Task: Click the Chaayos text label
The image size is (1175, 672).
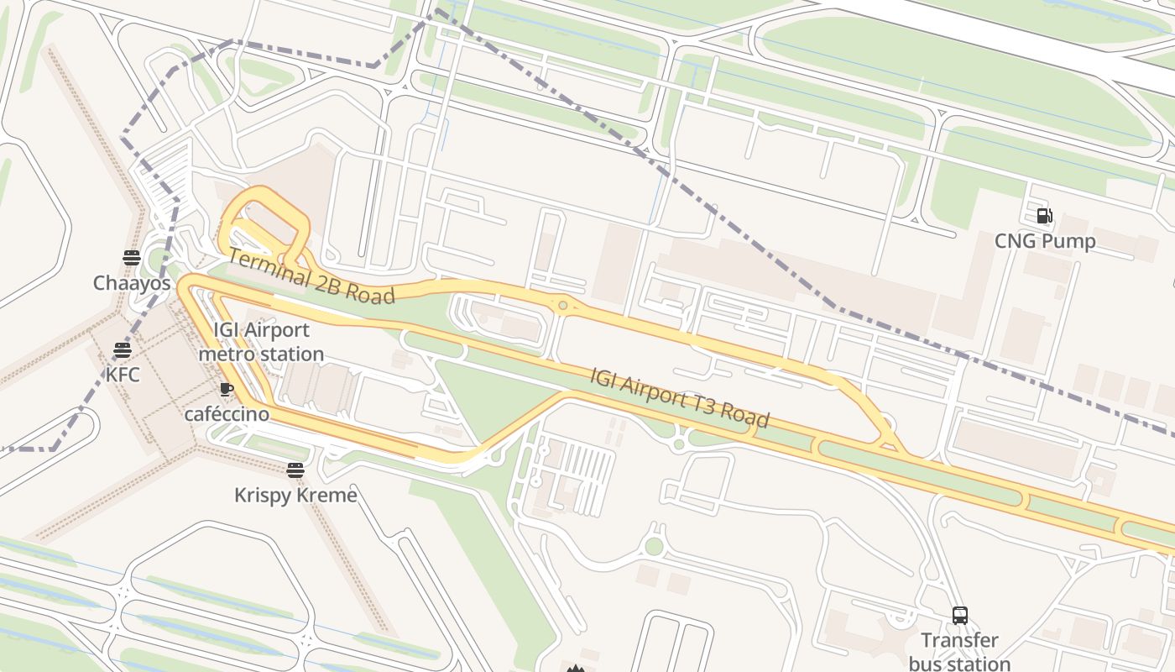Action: tap(132, 283)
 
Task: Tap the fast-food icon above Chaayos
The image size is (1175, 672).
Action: tap(131, 257)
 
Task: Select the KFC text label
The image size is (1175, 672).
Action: tap(123, 375)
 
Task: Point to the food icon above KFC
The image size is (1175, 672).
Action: tap(123, 349)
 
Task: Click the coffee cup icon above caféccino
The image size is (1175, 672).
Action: tap(226, 389)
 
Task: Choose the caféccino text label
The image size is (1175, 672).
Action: tap(227, 414)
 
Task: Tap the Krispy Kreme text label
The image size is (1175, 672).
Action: tap(295, 496)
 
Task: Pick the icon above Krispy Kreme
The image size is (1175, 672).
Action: tap(295, 470)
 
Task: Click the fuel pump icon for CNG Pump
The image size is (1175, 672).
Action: tap(1045, 216)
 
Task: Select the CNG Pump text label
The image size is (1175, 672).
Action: tap(1045, 242)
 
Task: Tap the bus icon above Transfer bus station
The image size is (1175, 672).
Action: tap(960, 615)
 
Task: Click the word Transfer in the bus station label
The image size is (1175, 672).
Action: tap(959, 641)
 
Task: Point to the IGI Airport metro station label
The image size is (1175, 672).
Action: tap(261, 342)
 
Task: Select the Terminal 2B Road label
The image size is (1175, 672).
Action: tap(311, 277)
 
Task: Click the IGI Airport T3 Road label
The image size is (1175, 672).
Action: tap(679, 397)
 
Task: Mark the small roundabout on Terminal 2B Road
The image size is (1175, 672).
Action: tap(563, 306)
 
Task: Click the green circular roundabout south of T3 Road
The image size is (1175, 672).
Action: tap(654, 547)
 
